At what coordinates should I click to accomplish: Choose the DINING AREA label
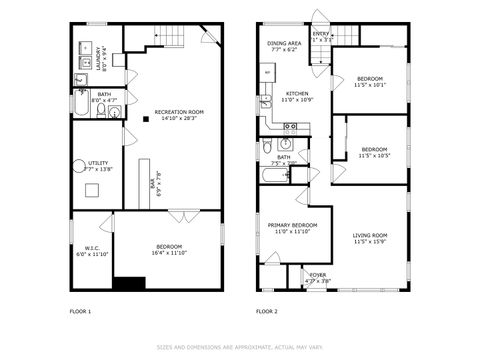coord(284,44)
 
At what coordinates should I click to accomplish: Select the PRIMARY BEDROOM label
coord(292,226)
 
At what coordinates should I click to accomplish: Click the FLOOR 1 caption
coord(80,311)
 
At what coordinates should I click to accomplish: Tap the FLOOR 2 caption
coord(266,311)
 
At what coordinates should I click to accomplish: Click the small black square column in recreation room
coord(146,119)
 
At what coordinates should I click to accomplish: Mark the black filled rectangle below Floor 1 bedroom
coord(129,283)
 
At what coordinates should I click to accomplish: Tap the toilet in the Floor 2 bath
coord(267,148)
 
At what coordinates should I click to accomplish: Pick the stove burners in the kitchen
coord(292,126)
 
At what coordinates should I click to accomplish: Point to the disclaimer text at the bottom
coord(239,347)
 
